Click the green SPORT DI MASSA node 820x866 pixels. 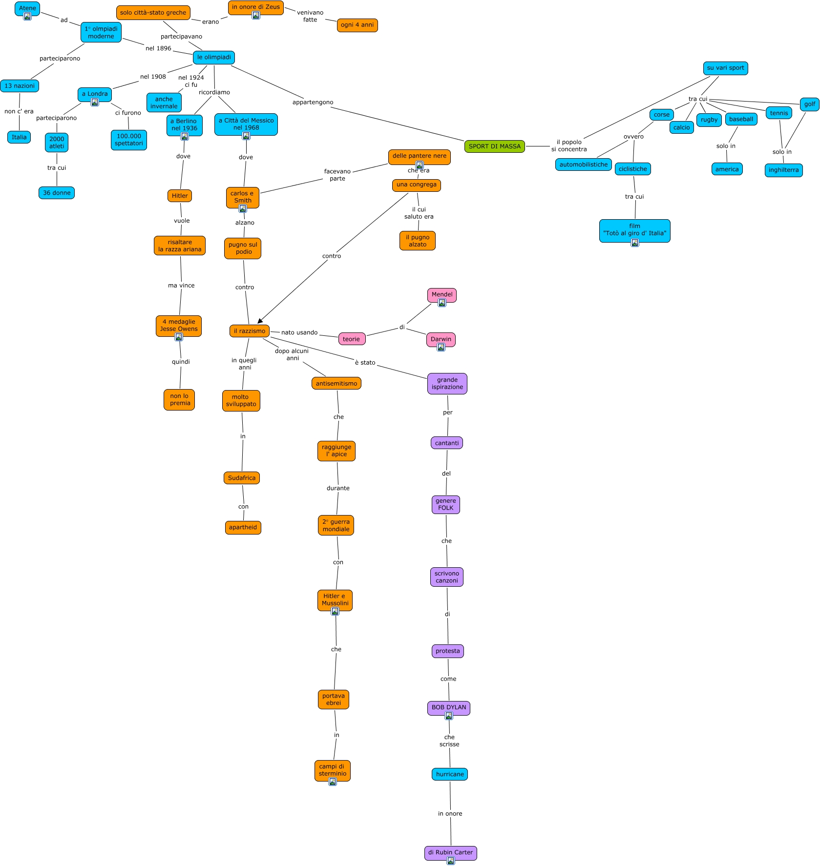(494, 146)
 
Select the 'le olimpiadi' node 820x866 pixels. (214, 58)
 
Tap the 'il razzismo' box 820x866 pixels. (249, 331)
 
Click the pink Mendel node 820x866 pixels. (442, 294)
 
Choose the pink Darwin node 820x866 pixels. (441, 339)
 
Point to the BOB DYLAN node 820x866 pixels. (448, 707)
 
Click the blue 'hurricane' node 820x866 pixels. (450, 774)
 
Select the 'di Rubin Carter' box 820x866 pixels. (450, 852)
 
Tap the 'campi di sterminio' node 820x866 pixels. (332, 770)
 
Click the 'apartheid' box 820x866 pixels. (243, 527)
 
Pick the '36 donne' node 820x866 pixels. (57, 193)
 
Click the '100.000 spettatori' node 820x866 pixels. (129, 140)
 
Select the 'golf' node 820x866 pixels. (809, 104)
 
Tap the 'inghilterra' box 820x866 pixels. (783, 170)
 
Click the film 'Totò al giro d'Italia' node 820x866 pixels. (634, 230)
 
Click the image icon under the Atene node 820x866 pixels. (27, 17)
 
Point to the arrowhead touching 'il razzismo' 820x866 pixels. (260, 321)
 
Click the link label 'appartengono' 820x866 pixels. (313, 103)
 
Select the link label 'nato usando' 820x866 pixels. (299, 332)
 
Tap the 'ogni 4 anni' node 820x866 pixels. (357, 25)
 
